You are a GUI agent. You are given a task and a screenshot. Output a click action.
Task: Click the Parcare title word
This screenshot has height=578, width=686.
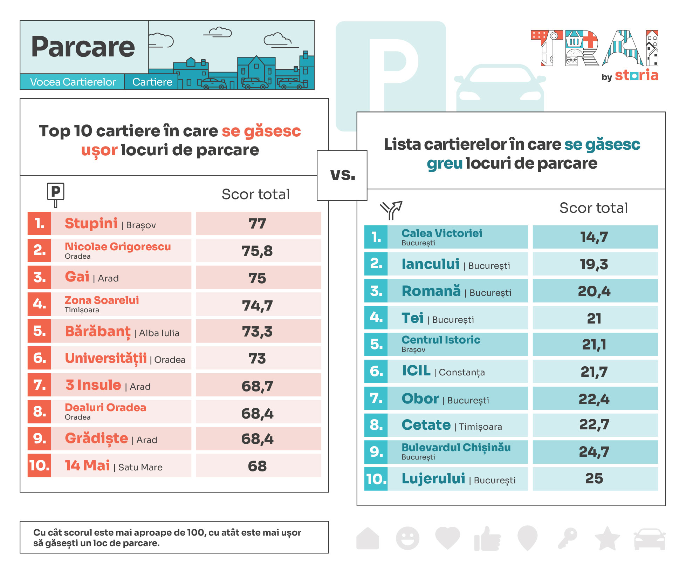(83, 47)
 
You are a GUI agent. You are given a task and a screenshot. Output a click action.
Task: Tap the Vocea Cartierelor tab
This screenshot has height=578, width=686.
(73, 82)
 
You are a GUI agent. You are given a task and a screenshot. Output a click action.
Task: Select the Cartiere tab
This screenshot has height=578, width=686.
(152, 82)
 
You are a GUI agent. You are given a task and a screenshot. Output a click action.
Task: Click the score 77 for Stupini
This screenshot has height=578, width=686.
(258, 224)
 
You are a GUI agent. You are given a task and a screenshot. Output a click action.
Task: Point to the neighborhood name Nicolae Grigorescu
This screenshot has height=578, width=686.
(118, 247)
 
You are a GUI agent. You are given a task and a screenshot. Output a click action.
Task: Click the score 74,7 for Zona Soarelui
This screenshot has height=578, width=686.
(258, 306)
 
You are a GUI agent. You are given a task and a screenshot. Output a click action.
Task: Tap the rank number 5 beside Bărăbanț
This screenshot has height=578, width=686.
(39, 331)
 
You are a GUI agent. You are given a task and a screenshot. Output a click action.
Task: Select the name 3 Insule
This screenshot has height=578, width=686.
(93, 385)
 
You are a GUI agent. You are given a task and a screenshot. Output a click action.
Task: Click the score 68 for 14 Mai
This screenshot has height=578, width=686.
(258, 466)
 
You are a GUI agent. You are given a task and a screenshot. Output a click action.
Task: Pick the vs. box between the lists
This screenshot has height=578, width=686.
(342, 175)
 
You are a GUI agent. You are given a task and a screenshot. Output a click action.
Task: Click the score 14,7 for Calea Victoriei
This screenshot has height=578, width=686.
(594, 237)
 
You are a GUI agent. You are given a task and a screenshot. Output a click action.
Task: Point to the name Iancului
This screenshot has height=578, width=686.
(431, 264)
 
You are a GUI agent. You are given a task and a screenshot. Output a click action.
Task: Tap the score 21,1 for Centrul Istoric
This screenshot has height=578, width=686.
(594, 345)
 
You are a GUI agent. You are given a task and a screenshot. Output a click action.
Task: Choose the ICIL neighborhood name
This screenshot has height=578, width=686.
(416, 371)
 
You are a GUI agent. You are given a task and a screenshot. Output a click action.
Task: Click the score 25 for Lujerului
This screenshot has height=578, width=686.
(594, 479)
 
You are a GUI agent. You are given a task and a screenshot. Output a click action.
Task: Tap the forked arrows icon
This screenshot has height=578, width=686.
(391, 210)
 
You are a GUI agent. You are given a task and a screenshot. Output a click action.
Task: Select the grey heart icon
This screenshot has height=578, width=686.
(447, 538)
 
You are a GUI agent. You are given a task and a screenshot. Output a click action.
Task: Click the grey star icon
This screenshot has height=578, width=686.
(607, 538)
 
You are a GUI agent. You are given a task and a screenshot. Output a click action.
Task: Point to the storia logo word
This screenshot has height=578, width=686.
(637, 75)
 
